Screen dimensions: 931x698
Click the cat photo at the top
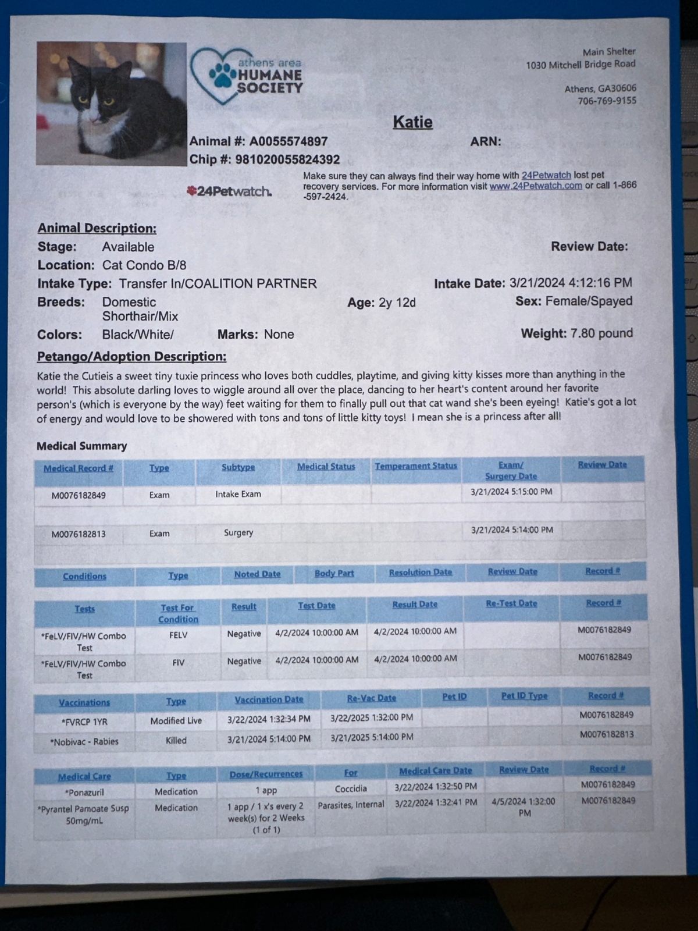click(111, 104)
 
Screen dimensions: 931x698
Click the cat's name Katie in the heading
click(412, 122)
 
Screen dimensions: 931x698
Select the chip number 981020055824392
click(287, 159)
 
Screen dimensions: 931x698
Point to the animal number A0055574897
click(289, 141)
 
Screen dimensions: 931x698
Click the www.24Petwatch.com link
click(536, 186)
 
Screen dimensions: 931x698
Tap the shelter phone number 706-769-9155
click(607, 101)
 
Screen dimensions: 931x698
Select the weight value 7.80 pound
click(601, 333)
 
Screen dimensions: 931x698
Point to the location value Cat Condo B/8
click(144, 265)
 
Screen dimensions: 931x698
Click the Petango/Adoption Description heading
click(131, 357)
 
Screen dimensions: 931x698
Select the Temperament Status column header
click(416, 466)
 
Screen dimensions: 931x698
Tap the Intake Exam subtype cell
click(238, 494)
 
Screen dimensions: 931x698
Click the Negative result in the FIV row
click(244, 661)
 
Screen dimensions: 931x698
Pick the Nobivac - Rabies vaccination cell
click(84, 741)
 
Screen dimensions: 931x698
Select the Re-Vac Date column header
click(371, 698)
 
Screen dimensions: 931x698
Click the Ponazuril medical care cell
click(84, 792)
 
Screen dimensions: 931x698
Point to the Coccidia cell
click(351, 788)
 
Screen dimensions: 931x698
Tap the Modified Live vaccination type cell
click(176, 720)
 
